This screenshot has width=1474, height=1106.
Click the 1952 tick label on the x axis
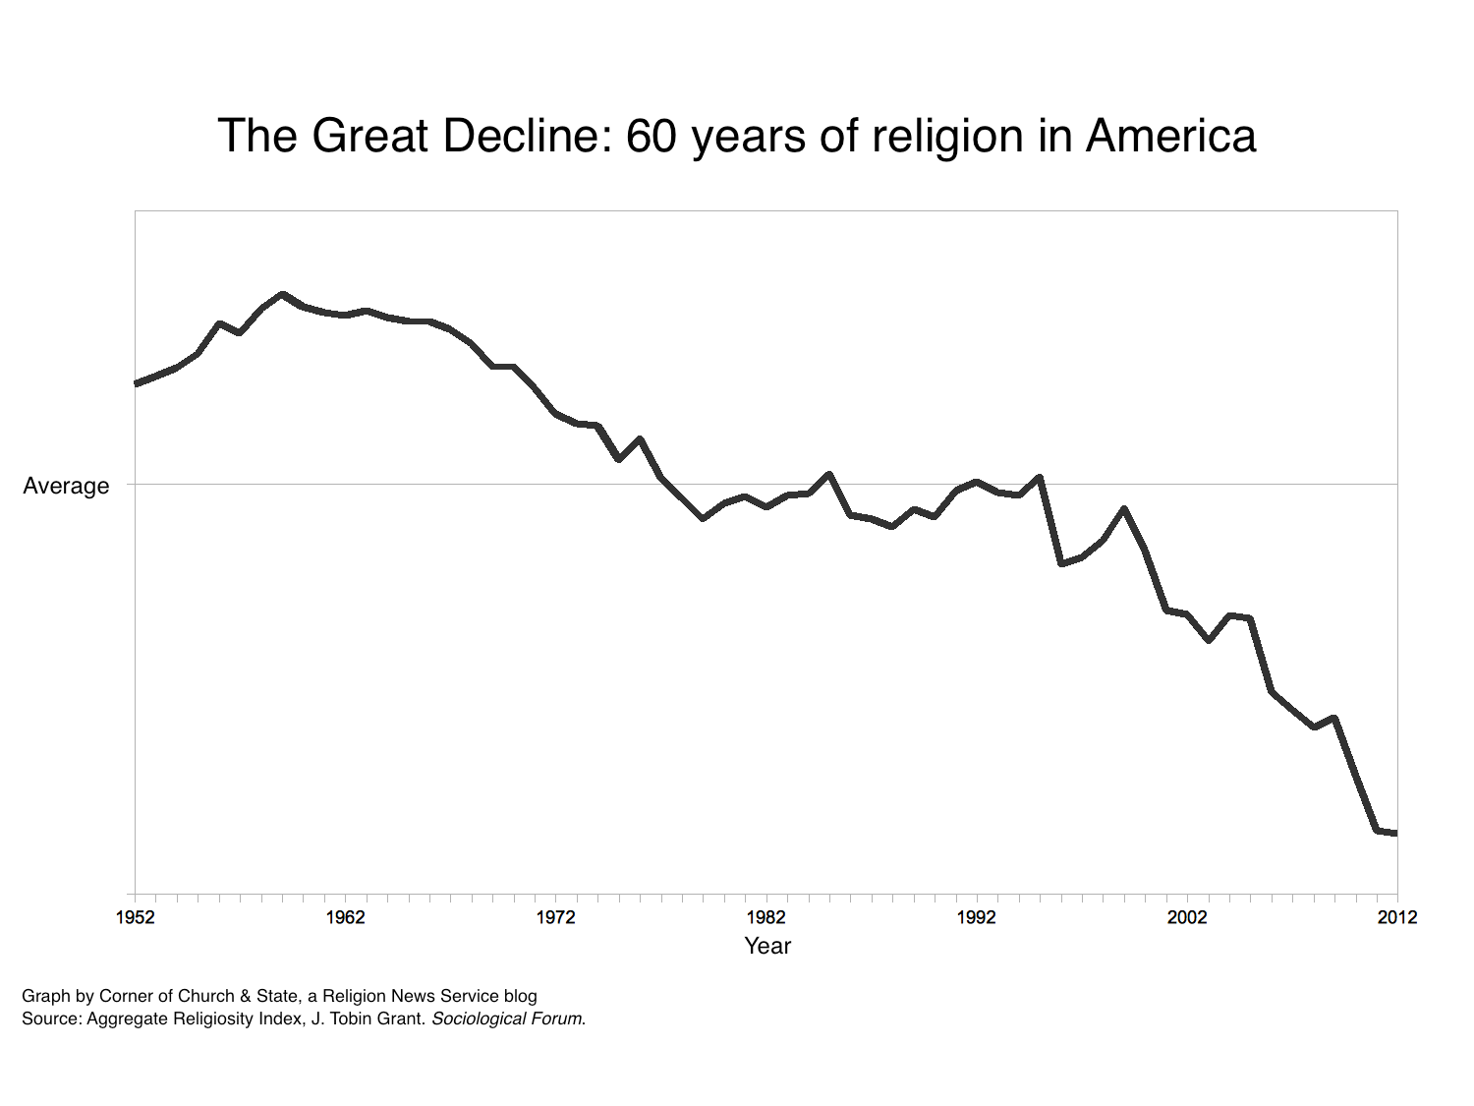(x=136, y=917)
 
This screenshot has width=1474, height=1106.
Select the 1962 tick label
(x=346, y=917)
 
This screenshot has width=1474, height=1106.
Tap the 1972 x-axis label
(x=556, y=917)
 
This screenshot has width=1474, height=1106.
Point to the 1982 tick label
(x=766, y=917)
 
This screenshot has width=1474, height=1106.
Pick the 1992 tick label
(x=977, y=917)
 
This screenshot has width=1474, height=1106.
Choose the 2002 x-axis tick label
(x=1187, y=917)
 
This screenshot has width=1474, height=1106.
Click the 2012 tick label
(x=1396, y=917)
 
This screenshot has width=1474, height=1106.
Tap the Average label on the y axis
(x=66, y=486)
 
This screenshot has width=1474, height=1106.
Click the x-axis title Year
(x=767, y=946)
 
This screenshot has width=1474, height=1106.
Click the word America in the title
(x=1170, y=136)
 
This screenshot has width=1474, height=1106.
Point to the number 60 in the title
(x=652, y=136)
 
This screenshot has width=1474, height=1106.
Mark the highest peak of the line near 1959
(x=283, y=295)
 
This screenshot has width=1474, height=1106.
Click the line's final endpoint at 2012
(x=1395, y=833)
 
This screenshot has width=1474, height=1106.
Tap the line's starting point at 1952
(x=137, y=383)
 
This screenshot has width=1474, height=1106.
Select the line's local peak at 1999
(x=1124, y=509)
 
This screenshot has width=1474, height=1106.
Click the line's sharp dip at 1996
(x=1061, y=563)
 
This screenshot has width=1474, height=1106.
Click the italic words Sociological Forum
(x=507, y=1019)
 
